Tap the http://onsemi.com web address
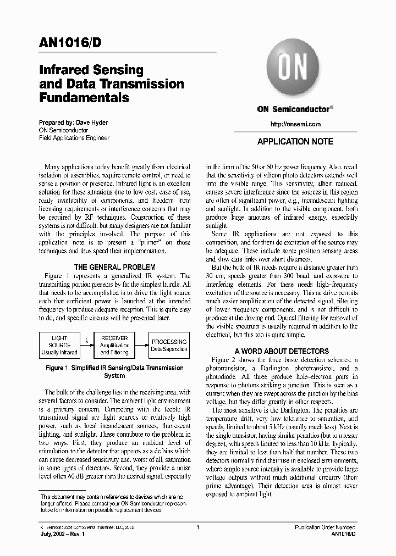point(295,124)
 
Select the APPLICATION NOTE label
point(295,142)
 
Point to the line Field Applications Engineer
point(74,138)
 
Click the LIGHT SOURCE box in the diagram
point(59,345)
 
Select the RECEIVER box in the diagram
point(114,345)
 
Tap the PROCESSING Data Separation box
point(169,345)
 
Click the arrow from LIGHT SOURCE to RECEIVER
point(86,345)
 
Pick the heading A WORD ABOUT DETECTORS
point(282,351)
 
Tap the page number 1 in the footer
point(197,527)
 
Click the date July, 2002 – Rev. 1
point(61,534)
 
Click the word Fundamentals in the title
point(84,98)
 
